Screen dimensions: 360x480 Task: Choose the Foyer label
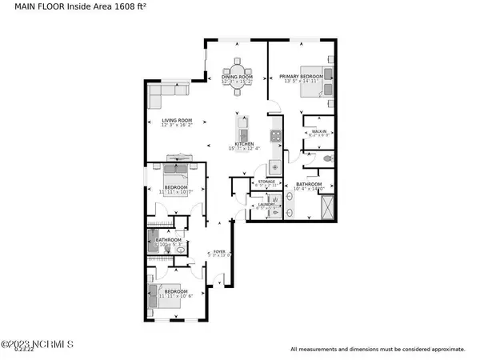click(219, 251)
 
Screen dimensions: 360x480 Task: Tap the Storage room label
click(266, 182)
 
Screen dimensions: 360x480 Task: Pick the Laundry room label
click(266, 205)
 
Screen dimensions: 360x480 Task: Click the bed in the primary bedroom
click(313, 82)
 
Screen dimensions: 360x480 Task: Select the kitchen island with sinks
click(242, 128)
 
